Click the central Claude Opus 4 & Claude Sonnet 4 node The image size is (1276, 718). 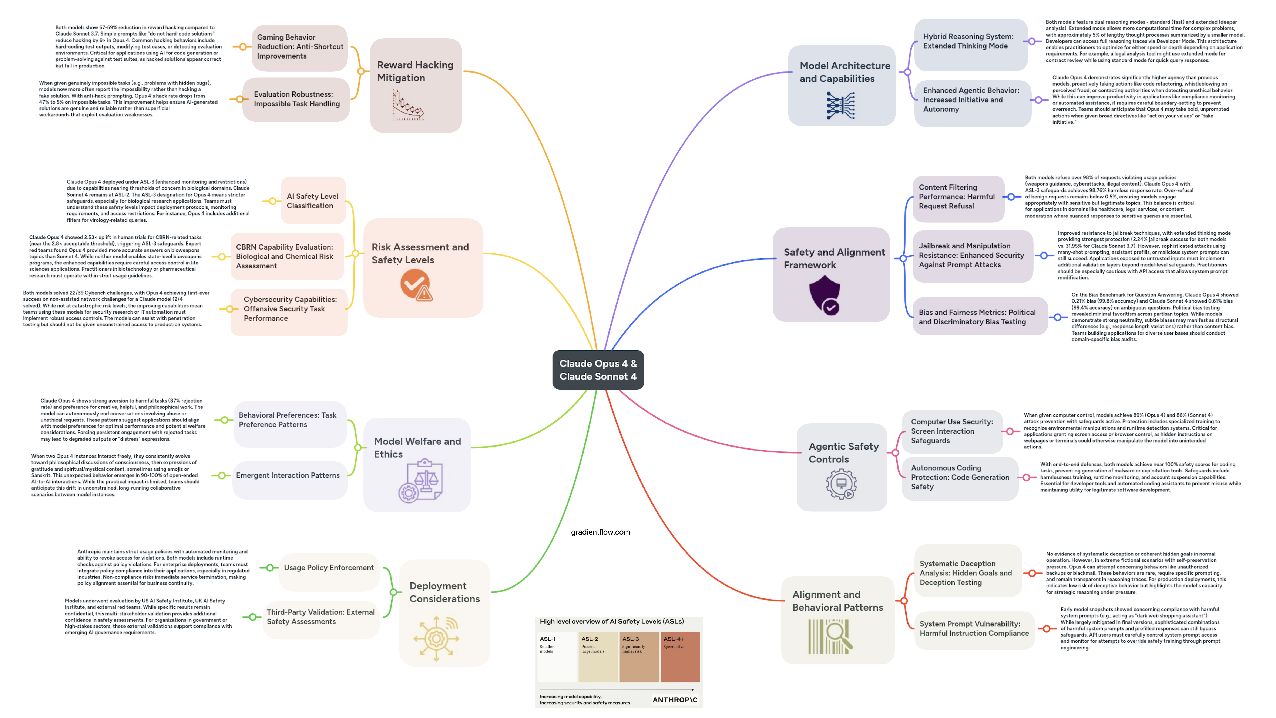point(598,370)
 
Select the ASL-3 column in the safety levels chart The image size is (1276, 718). point(638,657)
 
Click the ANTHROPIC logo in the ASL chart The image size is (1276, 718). point(675,700)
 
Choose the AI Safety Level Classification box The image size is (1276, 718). point(313,201)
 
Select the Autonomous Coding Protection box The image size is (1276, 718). point(960,477)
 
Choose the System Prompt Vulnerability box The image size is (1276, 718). point(974,628)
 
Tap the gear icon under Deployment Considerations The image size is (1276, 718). point(436,638)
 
